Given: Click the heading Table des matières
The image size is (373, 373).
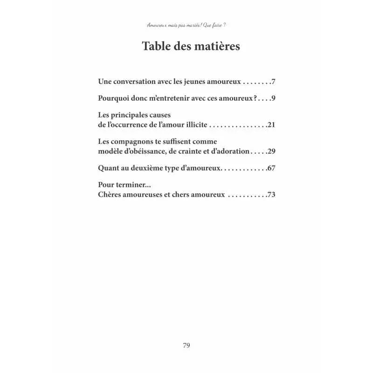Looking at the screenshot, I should click(x=191, y=47).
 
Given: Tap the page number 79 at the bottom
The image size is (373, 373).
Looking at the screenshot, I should click(x=186, y=345).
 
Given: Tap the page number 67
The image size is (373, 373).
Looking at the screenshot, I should click(x=272, y=168).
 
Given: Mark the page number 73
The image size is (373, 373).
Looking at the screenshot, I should click(x=272, y=194).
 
